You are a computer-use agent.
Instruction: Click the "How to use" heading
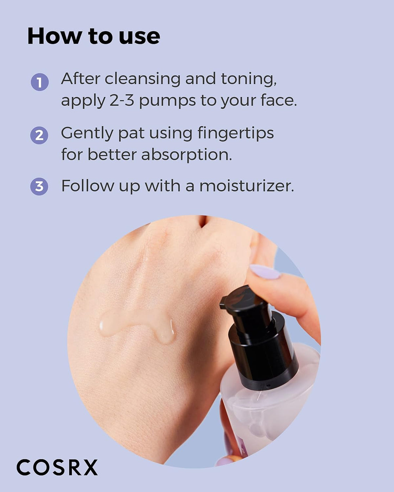94,36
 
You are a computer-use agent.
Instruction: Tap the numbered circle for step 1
39,82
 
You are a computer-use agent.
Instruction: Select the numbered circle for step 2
39,135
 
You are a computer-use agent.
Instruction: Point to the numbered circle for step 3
39,186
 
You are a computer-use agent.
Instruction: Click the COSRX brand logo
57,468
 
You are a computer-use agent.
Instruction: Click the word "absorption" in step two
186,155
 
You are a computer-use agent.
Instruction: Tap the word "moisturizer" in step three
246,186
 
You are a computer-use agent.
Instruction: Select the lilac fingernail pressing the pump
265,272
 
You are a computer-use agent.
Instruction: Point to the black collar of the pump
264,355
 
